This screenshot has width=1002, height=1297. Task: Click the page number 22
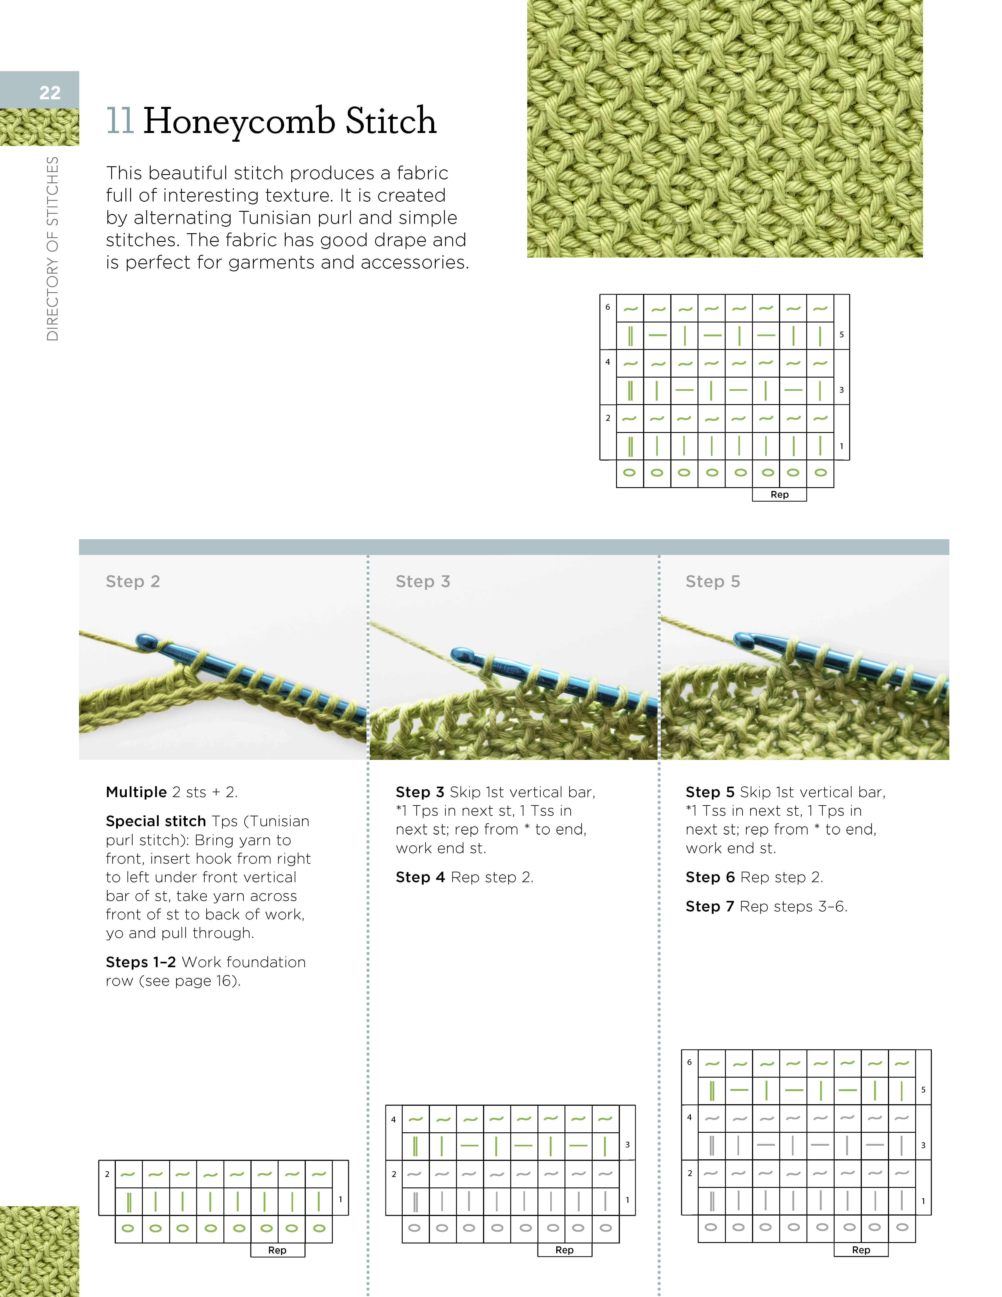[x=50, y=93]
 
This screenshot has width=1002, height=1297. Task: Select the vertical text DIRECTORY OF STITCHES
[x=53, y=248]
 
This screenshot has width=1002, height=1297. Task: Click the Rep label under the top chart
[x=779, y=495]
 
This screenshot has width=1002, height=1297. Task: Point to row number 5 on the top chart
[x=841, y=335]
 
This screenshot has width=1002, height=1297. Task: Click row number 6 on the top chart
[x=608, y=307]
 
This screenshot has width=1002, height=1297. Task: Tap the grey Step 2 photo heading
[x=133, y=581]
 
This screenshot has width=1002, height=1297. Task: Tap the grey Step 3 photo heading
[x=423, y=581]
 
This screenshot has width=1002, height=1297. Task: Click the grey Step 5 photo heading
[x=713, y=581]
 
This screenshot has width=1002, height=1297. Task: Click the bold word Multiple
[x=136, y=792]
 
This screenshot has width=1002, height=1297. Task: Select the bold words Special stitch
[x=156, y=821]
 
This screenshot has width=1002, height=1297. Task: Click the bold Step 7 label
[x=710, y=906]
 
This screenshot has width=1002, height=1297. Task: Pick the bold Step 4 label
[x=420, y=877]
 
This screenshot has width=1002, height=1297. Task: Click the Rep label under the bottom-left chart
[x=277, y=1250]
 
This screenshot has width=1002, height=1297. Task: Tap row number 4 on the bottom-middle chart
[x=393, y=1119]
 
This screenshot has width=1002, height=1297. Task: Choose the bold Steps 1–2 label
[x=141, y=962]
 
